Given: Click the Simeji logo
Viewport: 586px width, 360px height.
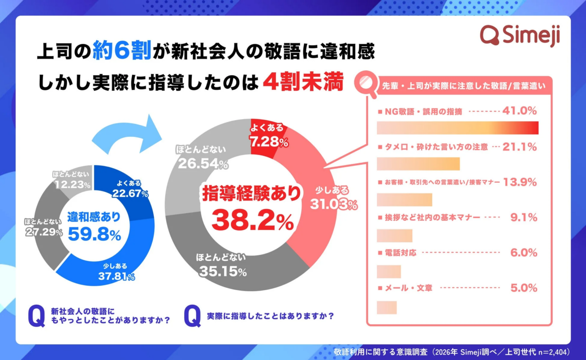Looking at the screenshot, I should pyautogui.click(x=520, y=35).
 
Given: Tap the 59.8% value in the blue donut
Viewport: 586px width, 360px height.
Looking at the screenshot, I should pyautogui.click(x=94, y=235).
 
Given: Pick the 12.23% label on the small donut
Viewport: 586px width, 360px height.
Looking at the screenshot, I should pyautogui.click(x=72, y=185).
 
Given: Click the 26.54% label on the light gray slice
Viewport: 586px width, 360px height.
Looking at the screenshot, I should pyautogui.click(x=203, y=164).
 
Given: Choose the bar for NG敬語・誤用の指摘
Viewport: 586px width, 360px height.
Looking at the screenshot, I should pyautogui.click(x=458, y=128).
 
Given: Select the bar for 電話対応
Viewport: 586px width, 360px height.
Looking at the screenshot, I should pyautogui.click(x=389, y=272).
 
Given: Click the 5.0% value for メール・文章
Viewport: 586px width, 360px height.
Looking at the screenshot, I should pyautogui.click(x=523, y=288).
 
